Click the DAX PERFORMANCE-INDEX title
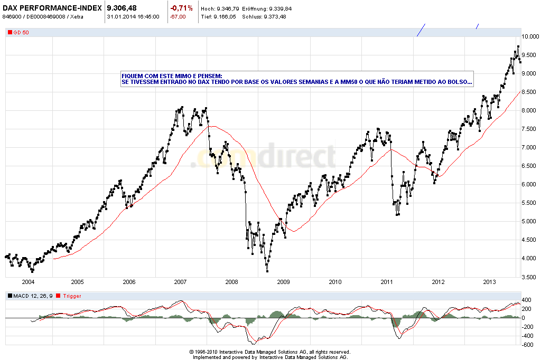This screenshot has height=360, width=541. [52, 8]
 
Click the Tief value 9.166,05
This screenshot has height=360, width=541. [225, 16]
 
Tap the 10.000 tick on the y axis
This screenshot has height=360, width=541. [530, 36]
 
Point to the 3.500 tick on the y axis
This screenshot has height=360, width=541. [529, 277]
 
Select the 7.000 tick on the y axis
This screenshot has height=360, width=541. [529, 147]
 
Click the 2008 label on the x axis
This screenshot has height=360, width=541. [232, 282]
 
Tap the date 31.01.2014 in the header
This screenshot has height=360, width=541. [120, 16]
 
